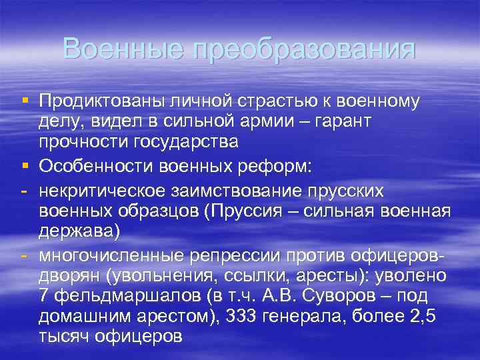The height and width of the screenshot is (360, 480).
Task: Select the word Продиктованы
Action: click(x=102, y=101)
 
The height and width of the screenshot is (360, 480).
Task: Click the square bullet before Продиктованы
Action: click(x=25, y=101)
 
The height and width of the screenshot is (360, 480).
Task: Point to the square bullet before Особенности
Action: click(x=25, y=165)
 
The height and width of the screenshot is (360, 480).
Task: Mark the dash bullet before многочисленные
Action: click(x=24, y=255)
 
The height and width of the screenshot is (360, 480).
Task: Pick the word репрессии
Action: click(x=229, y=255)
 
